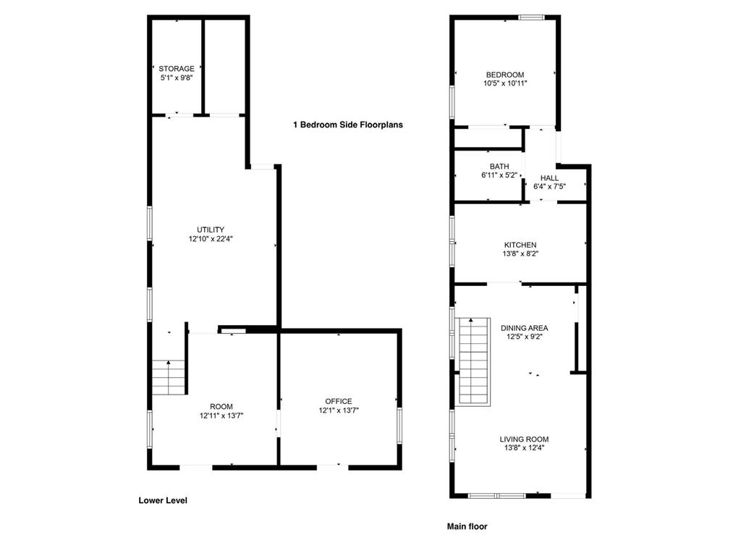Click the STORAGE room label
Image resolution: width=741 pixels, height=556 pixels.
pos(177,69)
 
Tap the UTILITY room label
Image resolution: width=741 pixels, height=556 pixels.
pos(211,229)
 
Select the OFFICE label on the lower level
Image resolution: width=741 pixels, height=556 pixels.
pos(339,401)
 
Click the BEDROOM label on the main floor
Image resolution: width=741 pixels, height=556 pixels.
pos(504,75)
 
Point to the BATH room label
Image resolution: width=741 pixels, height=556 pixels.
pos(499,167)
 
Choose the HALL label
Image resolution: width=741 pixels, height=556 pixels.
pos(549,178)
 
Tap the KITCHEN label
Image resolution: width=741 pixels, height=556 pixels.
pos(520,245)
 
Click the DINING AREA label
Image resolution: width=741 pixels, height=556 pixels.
pos(524,328)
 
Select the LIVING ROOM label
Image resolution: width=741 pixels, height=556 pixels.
pos(524,439)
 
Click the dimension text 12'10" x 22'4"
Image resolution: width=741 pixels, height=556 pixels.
pos(211,239)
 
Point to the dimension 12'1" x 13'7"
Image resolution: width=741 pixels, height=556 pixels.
pos(339,410)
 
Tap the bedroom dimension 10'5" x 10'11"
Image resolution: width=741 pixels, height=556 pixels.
pos(504,83)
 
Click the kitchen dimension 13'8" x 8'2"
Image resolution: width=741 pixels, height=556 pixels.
pos(520,253)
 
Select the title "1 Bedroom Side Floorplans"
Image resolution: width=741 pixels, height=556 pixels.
pos(348,125)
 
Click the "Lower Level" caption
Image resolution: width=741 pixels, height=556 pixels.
pos(163,500)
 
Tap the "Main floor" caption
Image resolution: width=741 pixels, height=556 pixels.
pos(467,526)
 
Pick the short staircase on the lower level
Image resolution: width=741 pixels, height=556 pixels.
pos(168,376)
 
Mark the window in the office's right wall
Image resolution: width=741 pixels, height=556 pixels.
pos(399,425)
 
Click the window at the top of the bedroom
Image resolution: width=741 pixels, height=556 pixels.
pos(532,18)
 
